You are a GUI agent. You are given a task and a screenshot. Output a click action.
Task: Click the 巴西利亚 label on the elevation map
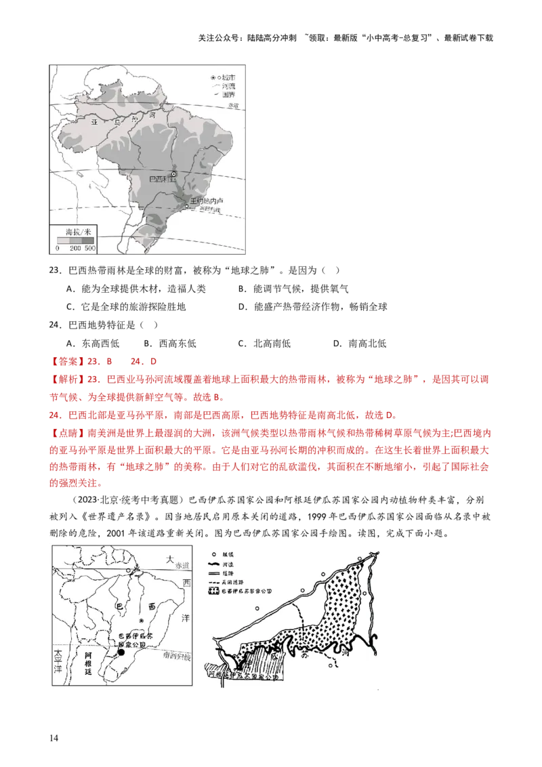point(159,180)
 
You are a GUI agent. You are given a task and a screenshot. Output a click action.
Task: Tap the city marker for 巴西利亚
point(173,174)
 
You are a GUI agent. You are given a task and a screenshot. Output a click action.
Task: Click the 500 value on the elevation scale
point(90,249)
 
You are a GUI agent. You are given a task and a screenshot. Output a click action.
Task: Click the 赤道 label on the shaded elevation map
point(233,106)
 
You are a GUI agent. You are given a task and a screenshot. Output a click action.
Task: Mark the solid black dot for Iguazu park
point(122,651)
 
